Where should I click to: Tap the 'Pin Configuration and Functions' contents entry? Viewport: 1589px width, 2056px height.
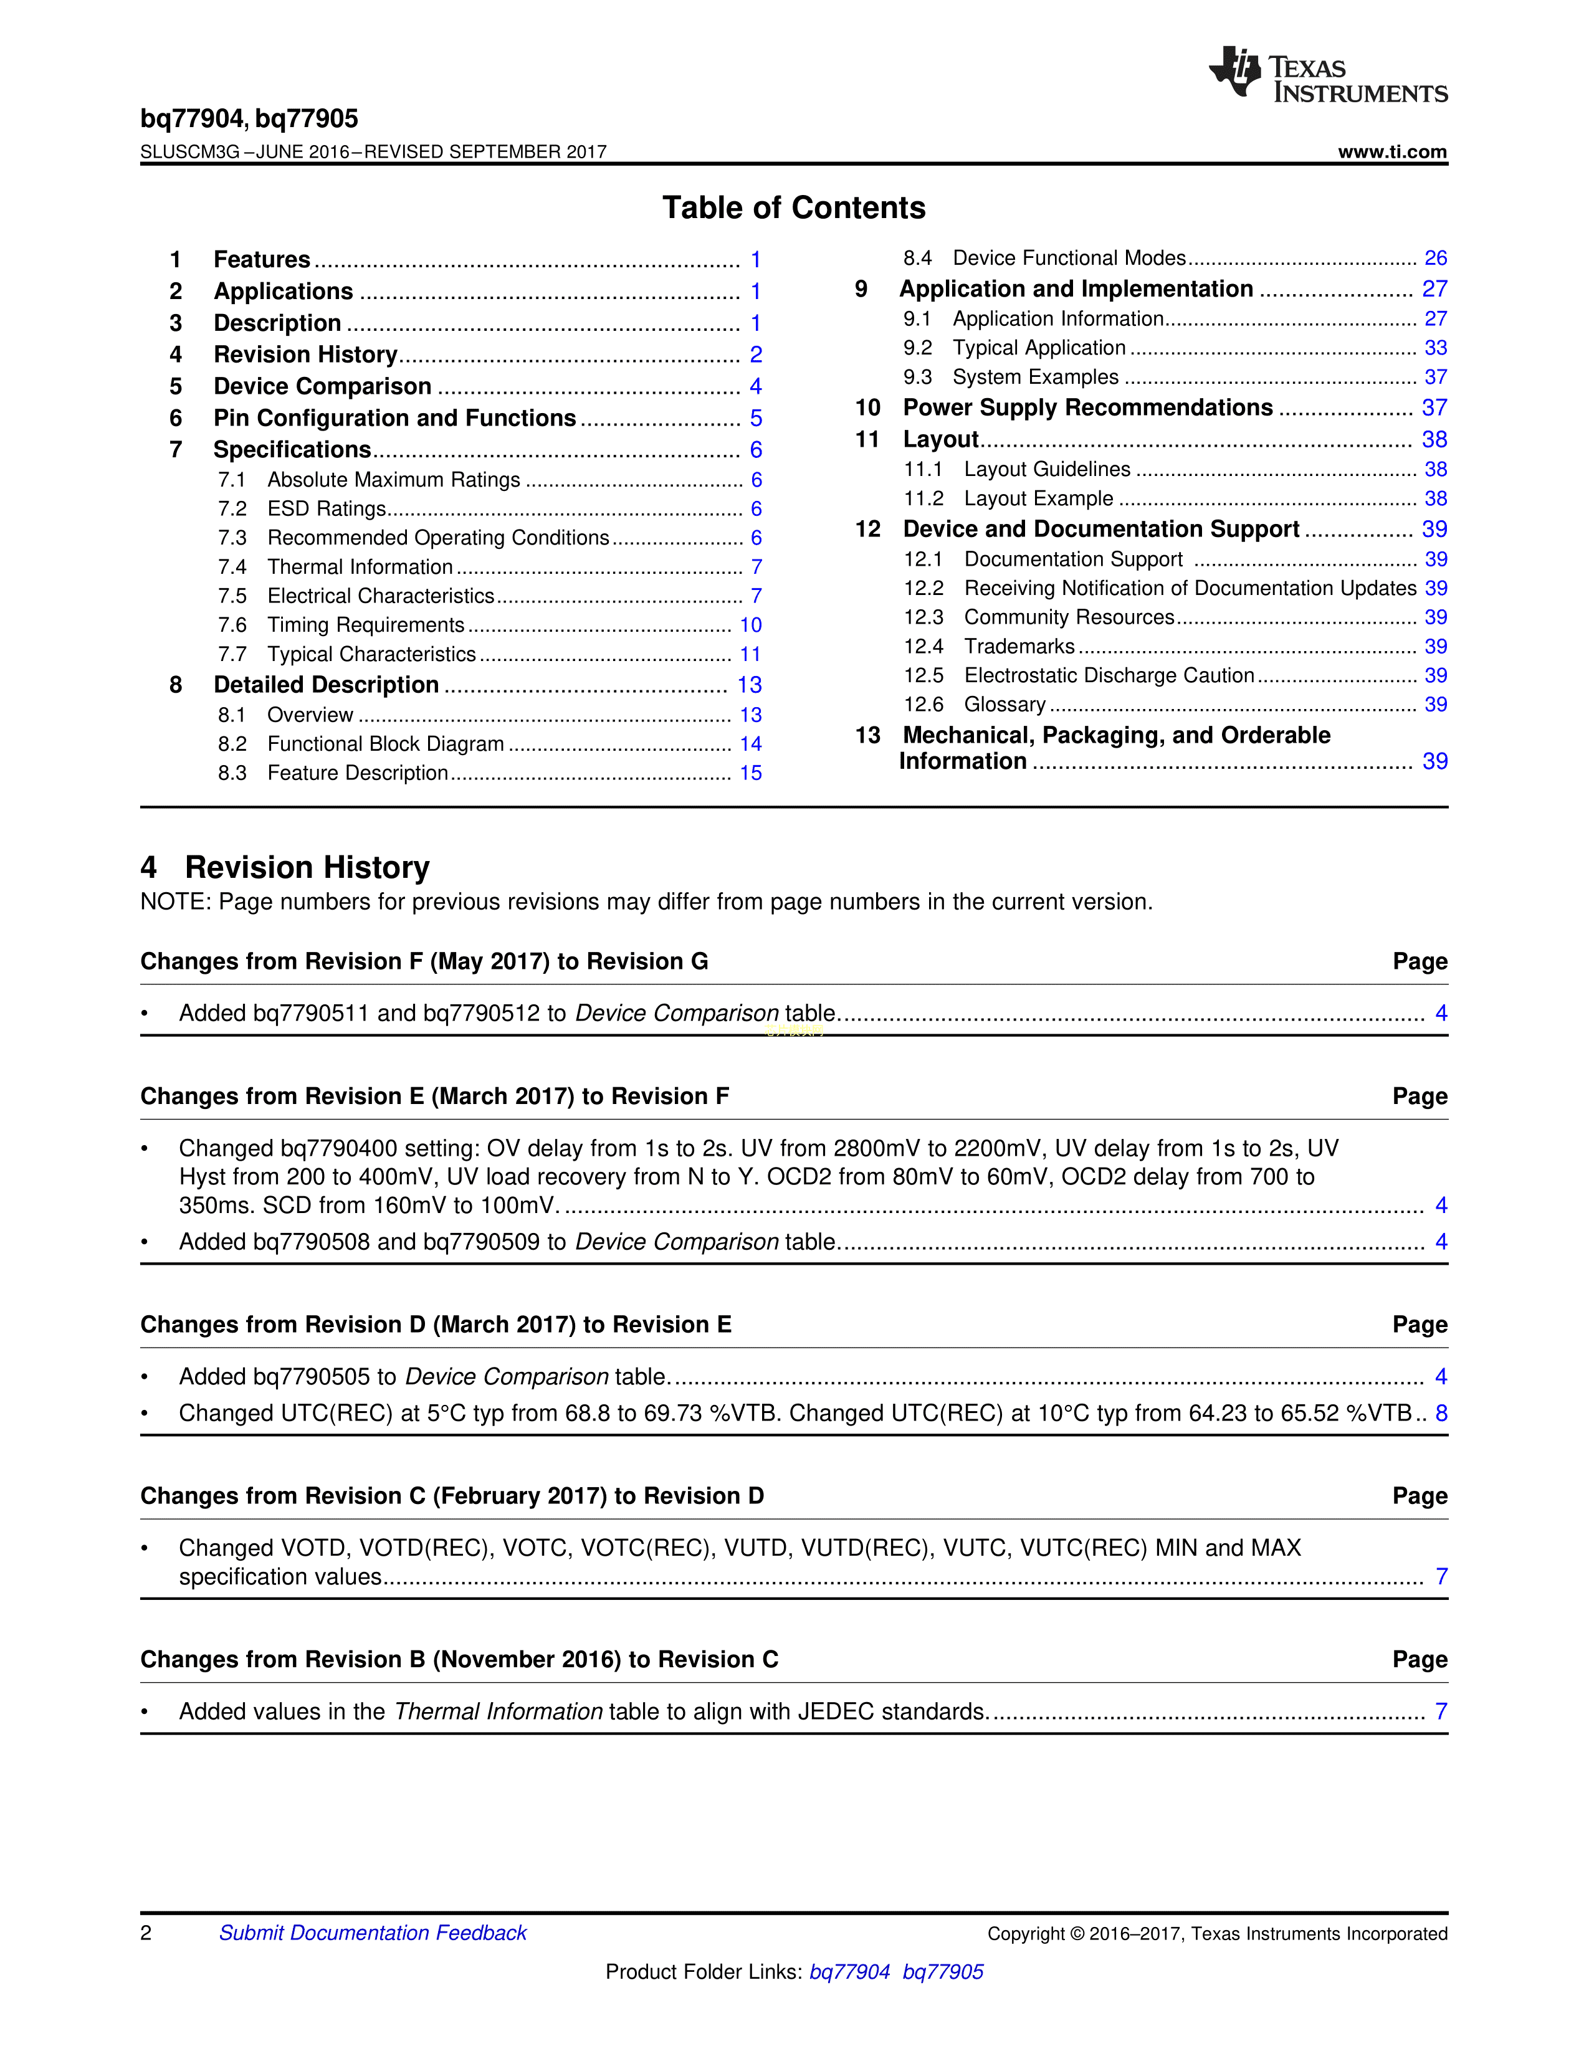click(394, 418)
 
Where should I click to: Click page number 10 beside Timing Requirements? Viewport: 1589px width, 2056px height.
click(750, 625)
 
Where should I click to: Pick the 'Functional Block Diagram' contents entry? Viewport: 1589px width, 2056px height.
click(385, 744)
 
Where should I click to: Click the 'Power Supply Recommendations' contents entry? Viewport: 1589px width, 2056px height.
click(1087, 407)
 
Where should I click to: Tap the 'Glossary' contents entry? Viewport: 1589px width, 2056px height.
click(1004, 704)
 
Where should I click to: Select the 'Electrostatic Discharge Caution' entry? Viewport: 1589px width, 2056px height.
click(1109, 675)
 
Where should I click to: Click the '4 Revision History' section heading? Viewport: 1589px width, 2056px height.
click(285, 867)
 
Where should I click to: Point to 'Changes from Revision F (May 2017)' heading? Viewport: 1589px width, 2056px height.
click(424, 961)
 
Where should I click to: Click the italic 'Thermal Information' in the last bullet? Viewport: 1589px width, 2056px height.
click(498, 1711)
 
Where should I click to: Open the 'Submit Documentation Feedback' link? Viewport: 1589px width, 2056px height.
click(373, 1933)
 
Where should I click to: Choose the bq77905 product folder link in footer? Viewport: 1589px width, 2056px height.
click(942, 1971)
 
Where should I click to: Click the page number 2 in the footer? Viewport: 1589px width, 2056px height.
click(146, 1933)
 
